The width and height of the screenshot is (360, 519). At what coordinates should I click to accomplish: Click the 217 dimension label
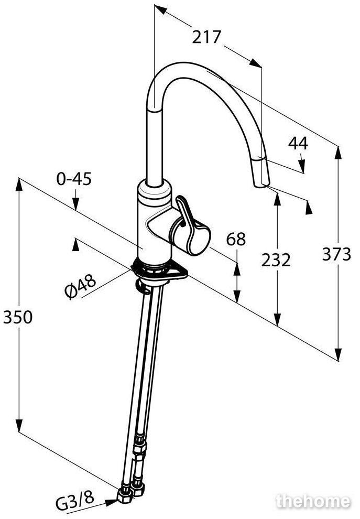pyautogui.click(x=206, y=37)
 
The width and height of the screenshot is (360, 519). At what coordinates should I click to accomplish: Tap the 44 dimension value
pyautogui.click(x=298, y=143)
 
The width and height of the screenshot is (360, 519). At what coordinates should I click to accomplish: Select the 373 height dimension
pyautogui.click(x=336, y=254)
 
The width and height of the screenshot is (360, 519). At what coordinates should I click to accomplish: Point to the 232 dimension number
pyautogui.click(x=276, y=260)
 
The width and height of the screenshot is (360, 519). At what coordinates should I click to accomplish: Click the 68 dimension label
pyautogui.click(x=236, y=239)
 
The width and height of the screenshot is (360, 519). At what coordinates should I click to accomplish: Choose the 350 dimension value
pyautogui.click(x=18, y=317)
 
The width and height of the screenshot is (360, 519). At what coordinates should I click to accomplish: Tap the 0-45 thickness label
pyautogui.click(x=74, y=179)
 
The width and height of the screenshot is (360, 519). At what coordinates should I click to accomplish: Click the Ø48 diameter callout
pyautogui.click(x=80, y=287)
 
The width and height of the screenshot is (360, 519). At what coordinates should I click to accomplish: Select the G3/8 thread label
pyautogui.click(x=75, y=506)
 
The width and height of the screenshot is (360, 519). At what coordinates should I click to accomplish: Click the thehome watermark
pyautogui.click(x=313, y=501)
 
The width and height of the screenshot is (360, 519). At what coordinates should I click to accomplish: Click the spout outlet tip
pyautogui.click(x=262, y=186)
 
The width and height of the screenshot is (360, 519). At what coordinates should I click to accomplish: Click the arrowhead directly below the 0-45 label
pyautogui.click(x=76, y=203)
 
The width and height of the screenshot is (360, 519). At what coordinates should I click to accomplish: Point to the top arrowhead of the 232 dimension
pyautogui.click(x=277, y=199)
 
